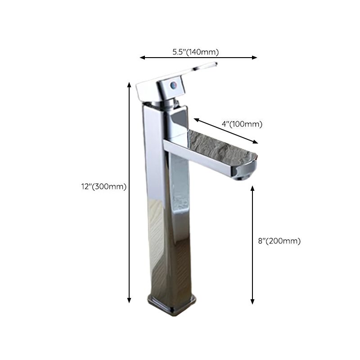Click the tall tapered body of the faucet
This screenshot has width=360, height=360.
coord(164,216)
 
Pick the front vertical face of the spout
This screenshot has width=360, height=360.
coord(202,160)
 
